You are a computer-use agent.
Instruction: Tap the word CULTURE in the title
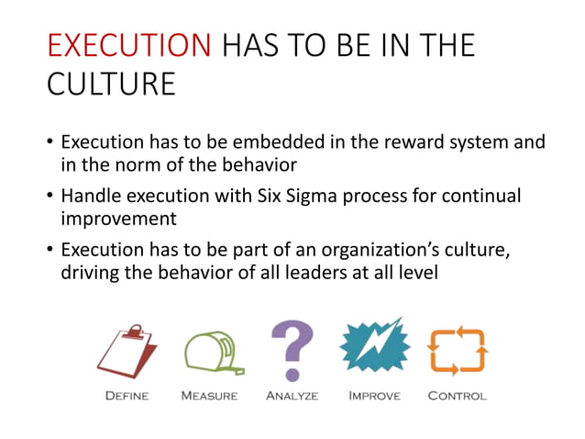(x=110, y=84)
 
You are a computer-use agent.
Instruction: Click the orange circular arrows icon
(x=457, y=352)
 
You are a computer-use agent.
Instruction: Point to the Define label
(x=126, y=397)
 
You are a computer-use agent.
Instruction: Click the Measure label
(x=209, y=397)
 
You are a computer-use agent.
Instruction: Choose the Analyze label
(x=292, y=397)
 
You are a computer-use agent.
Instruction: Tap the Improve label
(x=374, y=397)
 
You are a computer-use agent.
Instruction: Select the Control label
(x=457, y=397)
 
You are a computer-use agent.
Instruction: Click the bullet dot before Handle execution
(x=50, y=197)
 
